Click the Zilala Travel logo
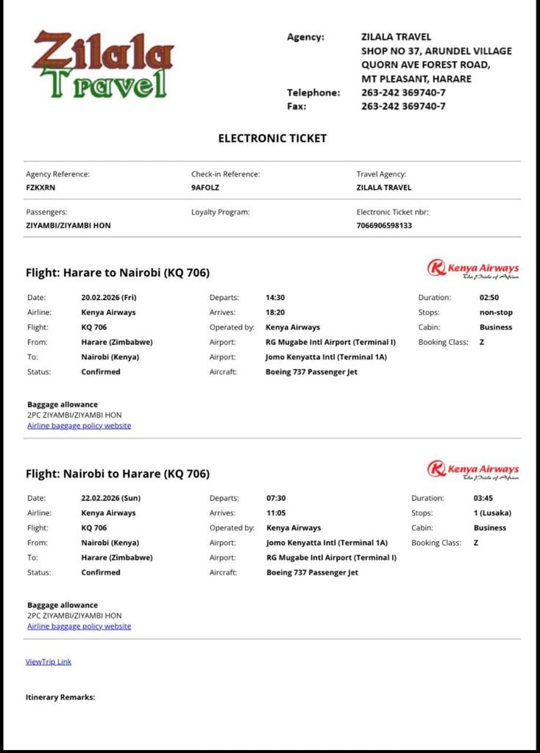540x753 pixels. (x=103, y=65)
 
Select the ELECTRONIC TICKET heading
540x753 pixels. (x=272, y=138)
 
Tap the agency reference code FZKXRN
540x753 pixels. (x=41, y=188)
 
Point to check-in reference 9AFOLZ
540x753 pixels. (x=206, y=188)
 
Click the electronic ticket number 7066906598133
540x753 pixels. (x=384, y=225)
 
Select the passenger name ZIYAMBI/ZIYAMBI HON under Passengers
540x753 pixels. (x=68, y=225)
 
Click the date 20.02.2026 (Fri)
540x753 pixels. (x=109, y=298)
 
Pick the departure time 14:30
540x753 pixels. (x=275, y=298)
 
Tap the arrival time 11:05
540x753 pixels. (x=276, y=513)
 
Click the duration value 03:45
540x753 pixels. (x=483, y=499)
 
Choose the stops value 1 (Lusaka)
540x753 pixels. (x=492, y=513)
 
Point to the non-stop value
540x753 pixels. (x=496, y=313)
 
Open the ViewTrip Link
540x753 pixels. (x=49, y=662)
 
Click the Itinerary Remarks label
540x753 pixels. (x=60, y=697)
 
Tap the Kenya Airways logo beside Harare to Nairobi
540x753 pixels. (x=473, y=270)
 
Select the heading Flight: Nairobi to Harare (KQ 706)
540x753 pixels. (x=118, y=474)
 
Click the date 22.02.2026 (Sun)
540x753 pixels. (x=110, y=499)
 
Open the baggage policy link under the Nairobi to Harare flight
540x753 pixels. (x=79, y=627)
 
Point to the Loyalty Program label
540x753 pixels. (x=221, y=212)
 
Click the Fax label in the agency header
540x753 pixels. (x=296, y=106)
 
